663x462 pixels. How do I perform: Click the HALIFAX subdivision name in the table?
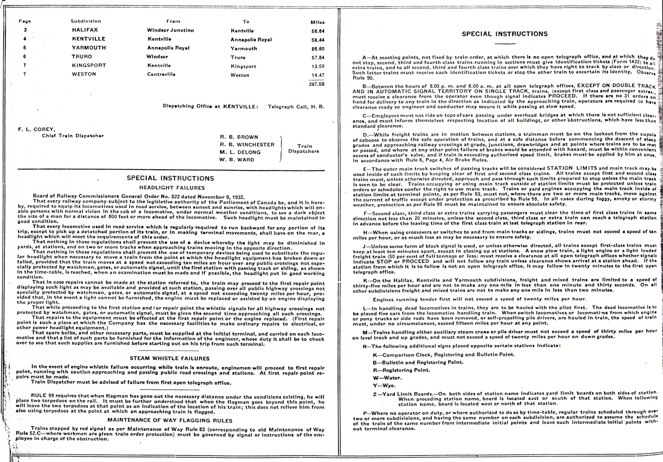(85, 30)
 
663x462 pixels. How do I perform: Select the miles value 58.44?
(318, 40)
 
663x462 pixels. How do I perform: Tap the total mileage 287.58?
(317, 84)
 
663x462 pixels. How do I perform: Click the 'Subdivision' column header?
(86, 21)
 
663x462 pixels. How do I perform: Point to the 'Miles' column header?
(318, 22)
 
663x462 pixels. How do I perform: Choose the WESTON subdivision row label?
(84, 74)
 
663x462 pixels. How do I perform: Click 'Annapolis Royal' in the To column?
(251, 40)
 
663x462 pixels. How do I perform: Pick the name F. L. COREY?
(31, 129)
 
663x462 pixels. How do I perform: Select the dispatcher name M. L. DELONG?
(240, 152)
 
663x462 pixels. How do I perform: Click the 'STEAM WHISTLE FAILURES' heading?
(170, 359)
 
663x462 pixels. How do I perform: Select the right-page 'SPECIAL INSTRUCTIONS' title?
(505, 34)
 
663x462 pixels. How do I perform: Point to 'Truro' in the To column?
(238, 58)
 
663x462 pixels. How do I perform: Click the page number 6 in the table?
(25, 57)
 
